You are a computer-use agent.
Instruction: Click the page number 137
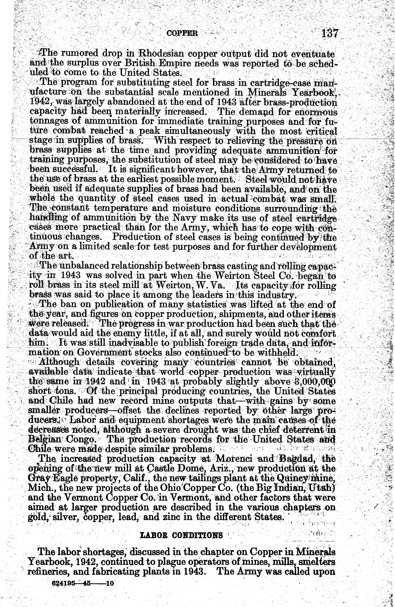tap(330, 33)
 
